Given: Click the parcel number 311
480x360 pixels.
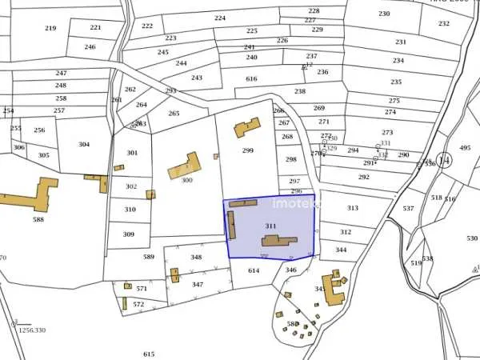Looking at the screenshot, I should tap(270, 226).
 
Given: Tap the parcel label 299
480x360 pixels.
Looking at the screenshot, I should tap(248, 150).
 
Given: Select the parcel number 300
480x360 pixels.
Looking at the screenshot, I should tap(187, 181).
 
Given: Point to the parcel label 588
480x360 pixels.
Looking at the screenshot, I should tap(38, 219).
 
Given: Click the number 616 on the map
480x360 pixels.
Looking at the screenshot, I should tap(252, 78).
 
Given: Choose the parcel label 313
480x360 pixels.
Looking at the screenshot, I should tap(353, 208).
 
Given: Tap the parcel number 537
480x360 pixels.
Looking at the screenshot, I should tap(409, 209).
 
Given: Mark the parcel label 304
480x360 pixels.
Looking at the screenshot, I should tap(84, 145).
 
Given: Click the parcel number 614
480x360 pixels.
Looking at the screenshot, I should tap(254, 271).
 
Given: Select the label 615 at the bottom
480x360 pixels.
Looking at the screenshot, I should tap(149, 354).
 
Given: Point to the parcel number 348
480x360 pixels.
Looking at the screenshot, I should tap(196, 258).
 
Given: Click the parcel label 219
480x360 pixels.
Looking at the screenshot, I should tap(50, 28).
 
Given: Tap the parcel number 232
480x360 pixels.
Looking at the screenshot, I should tap(444, 24).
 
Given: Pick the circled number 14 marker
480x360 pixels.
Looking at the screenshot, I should tap(444, 160).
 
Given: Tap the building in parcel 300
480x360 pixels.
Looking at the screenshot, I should tap(183, 166).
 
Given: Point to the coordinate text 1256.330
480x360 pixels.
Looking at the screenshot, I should tap(33, 330).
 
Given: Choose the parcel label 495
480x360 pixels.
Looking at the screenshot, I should tap(465, 148).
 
